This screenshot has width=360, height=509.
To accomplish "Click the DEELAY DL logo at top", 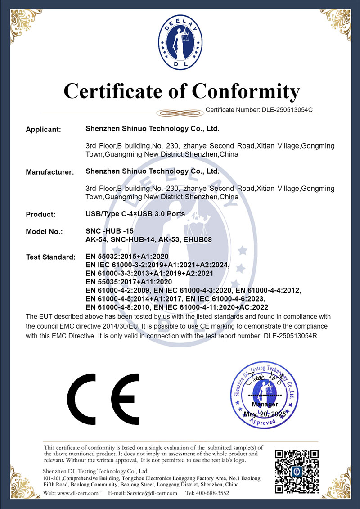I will click(180, 44).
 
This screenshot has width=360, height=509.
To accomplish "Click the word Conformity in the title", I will click(246, 91).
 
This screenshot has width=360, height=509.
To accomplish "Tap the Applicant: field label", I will click(43, 130).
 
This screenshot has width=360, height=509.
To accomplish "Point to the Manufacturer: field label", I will click(50, 172).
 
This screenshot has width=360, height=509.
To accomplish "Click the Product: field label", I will click(41, 214).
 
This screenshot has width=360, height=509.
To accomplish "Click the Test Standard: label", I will click(51, 257).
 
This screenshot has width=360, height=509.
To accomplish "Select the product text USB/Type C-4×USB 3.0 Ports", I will click(135, 214).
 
